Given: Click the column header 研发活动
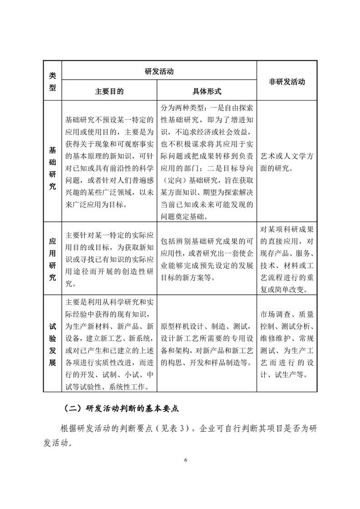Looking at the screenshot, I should (x=159, y=71).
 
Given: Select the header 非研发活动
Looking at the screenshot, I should (x=286, y=82).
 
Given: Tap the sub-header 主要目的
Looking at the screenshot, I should (x=109, y=91).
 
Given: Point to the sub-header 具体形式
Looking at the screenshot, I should (x=207, y=91).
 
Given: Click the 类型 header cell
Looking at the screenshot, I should (x=52, y=82).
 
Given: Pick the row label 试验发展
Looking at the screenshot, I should (x=52, y=343).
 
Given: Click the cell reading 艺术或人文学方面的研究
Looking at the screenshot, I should (x=286, y=162).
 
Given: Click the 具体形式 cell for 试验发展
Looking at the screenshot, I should (x=207, y=343).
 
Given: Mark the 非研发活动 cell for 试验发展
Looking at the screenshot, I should (x=286, y=343).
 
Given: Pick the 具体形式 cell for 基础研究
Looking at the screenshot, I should (x=207, y=162).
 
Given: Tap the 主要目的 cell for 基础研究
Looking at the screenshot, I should (x=109, y=162).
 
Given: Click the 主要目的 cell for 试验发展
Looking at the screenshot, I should (x=109, y=343).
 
